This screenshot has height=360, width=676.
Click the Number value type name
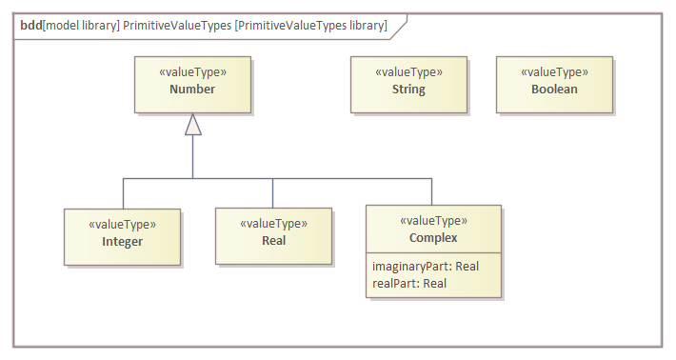point(192,90)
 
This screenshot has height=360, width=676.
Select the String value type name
point(408,90)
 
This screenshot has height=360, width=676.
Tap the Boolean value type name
point(554,90)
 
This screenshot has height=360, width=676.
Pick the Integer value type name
point(122,241)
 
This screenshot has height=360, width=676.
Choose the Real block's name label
point(273,240)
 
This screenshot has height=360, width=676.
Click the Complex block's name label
point(433,238)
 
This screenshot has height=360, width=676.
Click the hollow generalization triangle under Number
point(193,124)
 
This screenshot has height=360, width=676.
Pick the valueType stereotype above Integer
point(122,225)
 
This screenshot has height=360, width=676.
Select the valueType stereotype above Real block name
point(273,224)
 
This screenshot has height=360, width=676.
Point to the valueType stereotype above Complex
point(433,221)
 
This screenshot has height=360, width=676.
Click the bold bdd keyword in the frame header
point(30,26)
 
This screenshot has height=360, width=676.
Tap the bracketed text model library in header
point(81,26)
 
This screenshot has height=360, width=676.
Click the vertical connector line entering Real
point(273,192)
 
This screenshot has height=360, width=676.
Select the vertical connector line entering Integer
point(123,192)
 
